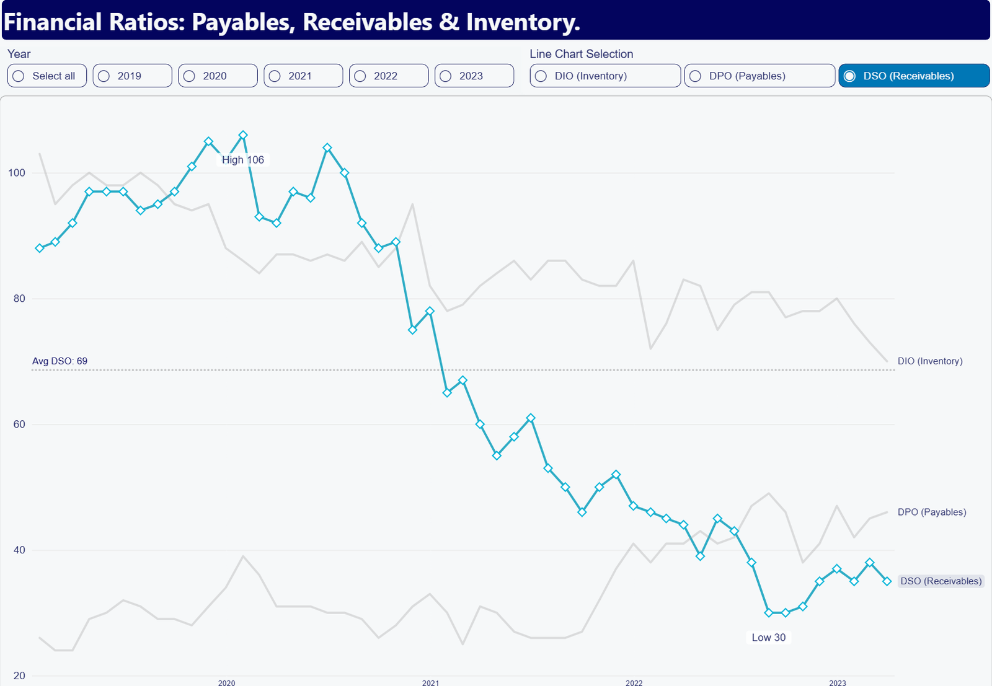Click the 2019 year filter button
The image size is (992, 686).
(133, 76)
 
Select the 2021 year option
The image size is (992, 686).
(303, 76)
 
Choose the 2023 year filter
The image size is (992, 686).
(474, 76)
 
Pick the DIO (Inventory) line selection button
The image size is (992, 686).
(605, 76)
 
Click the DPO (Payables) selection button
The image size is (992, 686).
(759, 76)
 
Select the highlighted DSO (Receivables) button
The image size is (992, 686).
(914, 76)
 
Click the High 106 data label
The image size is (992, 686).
(242, 160)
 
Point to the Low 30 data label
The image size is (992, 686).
(768, 637)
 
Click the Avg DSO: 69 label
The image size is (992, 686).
(60, 361)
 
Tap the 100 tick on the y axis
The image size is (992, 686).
(17, 173)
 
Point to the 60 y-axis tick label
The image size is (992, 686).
(19, 424)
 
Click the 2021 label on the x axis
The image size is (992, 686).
(430, 682)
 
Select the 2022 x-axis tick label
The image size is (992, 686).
(634, 682)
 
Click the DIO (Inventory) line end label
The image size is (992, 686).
(930, 361)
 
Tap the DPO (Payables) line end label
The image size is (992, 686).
(932, 512)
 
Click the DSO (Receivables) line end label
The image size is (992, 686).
(941, 581)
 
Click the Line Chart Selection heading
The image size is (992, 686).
(582, 54)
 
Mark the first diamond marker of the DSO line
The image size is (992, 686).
(40, 248)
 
